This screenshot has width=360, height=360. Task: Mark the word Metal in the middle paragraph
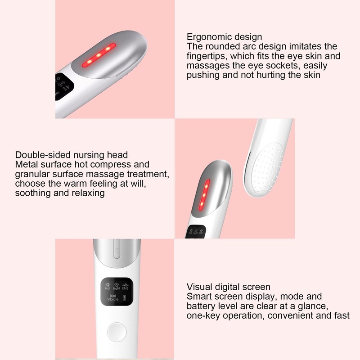point(25,165)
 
